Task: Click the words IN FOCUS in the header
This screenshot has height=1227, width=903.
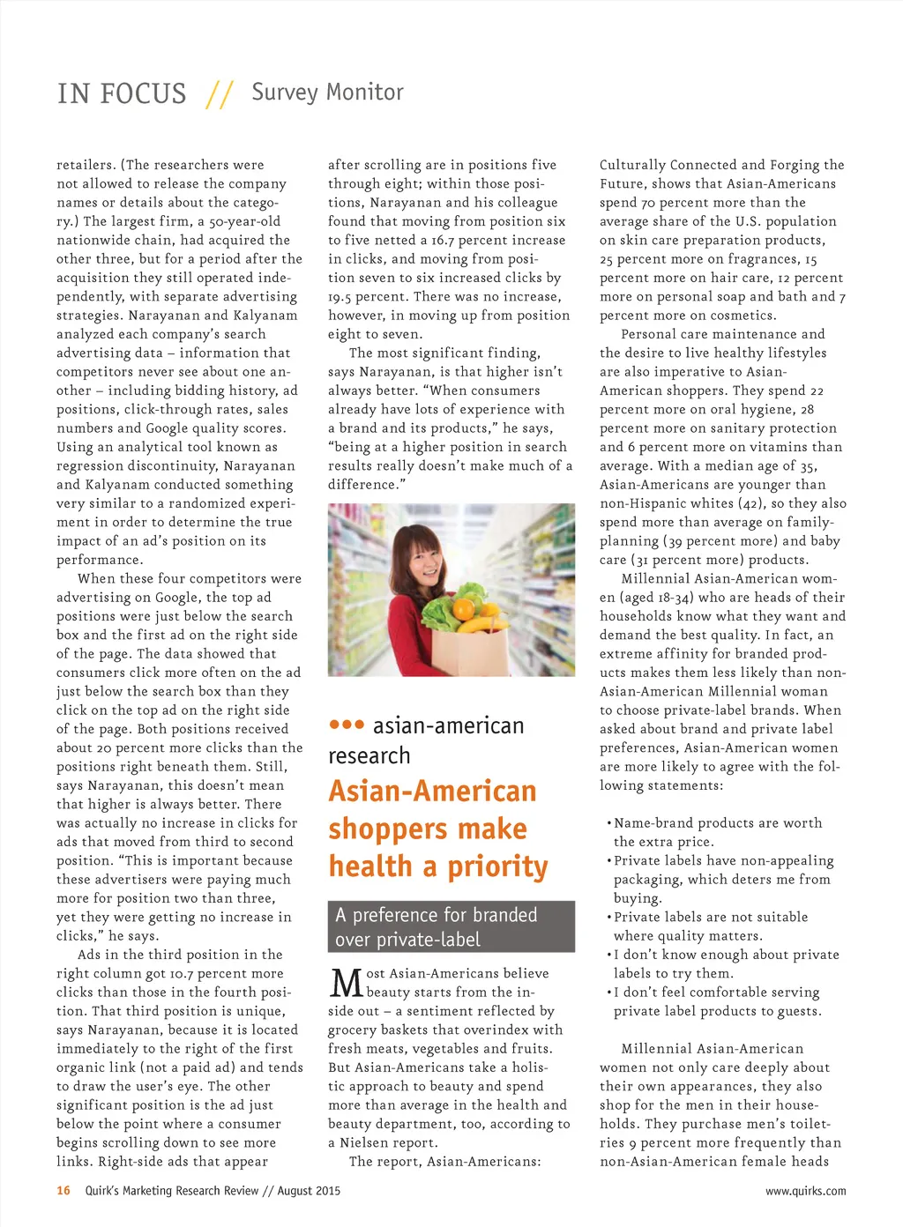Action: (x=122, y=93)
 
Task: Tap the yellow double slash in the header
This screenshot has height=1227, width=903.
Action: (x=219, y=94)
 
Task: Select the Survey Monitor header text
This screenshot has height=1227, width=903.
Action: (x=327, y=93)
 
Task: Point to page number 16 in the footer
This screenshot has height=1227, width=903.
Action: (x=63, y=1191)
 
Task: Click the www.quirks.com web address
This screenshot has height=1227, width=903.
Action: (x=805, y=1191)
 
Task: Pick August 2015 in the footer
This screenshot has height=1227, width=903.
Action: (x=309, y=1191)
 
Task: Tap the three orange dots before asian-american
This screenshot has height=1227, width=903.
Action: (x=347, y=725)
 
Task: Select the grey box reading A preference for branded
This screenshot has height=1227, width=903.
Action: (x=451, y=926)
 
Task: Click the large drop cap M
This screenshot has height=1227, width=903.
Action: (x=347, y=984)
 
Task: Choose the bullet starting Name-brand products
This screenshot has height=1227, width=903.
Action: (x=717, y=832)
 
